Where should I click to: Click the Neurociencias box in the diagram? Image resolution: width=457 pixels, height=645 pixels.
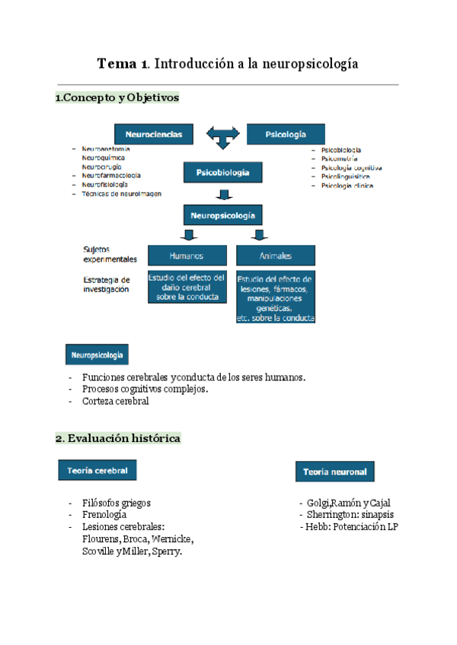point(154,134)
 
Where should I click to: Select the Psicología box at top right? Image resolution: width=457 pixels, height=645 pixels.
point(286,134)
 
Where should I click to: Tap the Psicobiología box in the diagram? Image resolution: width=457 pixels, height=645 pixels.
point(222,173)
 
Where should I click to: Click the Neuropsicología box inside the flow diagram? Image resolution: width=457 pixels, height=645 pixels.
point(222,215)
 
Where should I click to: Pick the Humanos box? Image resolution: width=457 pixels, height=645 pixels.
point(187,256)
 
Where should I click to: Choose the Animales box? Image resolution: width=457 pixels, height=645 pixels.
point(275,256)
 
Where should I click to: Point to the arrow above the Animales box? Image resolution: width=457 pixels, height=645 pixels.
point(259,235)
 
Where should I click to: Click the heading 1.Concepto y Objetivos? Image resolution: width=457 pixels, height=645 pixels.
point(117,98)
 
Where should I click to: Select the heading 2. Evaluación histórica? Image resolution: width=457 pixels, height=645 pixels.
point(118,439)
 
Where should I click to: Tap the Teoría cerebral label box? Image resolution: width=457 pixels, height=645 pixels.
point(97,471)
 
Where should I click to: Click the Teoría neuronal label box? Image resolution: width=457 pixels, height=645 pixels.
point(334,472)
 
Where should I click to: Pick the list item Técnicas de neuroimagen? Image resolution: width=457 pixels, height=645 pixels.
point(122,194)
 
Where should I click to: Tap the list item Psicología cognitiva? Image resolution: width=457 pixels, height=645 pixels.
point(352,167)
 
